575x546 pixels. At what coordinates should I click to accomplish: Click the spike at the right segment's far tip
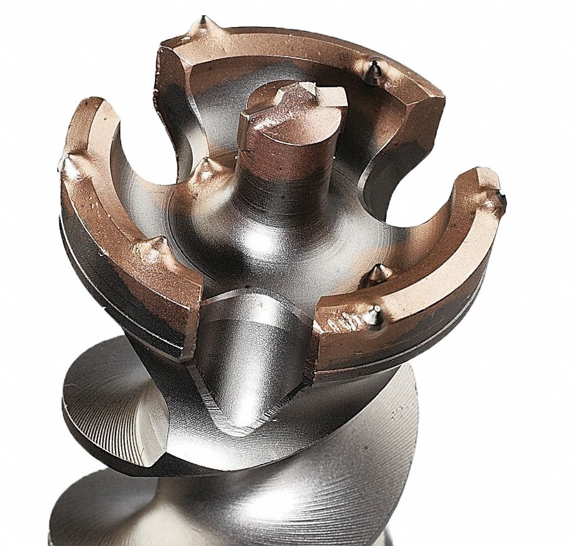tap(501, 199)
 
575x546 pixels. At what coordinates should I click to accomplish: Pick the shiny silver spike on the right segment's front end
tap(375, 315)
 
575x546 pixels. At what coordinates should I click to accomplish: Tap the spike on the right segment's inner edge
tap(378, 272)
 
